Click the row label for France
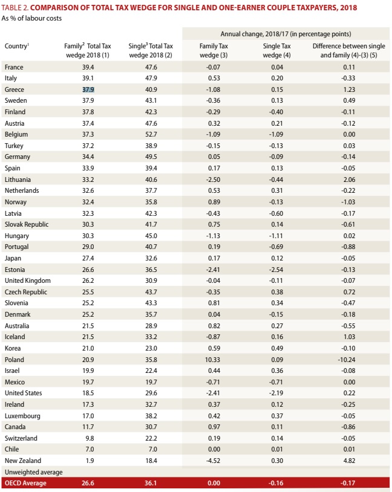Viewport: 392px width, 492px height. (14, 66)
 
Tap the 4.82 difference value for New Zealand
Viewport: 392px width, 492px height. (348, 461)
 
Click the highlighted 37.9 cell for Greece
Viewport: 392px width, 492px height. (89, 89)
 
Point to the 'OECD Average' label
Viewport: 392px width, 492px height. (25, 483)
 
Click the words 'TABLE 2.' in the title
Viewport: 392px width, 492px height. (18, 8)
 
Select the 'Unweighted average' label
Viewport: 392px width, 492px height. (33, 471)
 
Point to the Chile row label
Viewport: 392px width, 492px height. (13, 449)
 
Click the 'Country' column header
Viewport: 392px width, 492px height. (17, 46)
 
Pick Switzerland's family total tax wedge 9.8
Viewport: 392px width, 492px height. (89, 438)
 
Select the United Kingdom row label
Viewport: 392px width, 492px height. (27, 280)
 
